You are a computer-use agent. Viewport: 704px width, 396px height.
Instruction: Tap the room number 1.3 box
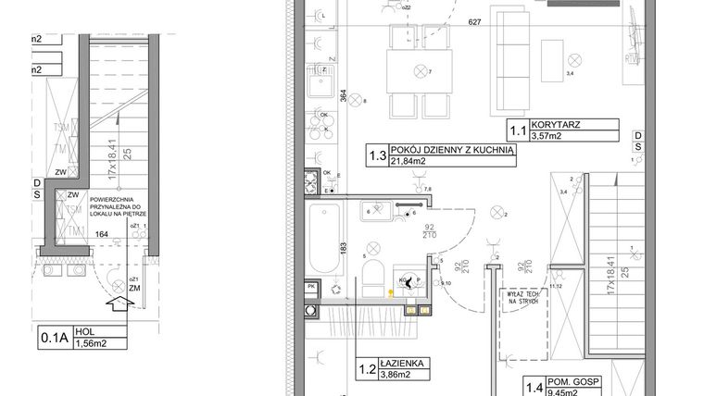pyautogui.click(x=376, y=155)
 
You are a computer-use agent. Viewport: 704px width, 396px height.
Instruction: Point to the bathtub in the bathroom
pyautogui.click(x=325, y=239)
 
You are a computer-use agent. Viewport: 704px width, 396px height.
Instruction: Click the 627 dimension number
pyautogui.click(x=474, y=22)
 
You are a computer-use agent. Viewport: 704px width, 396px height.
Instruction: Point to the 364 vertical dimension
pyautogui.click(x=344, y=100)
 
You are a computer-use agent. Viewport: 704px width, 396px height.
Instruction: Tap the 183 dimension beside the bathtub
pyautogui.click(x=344, y=248)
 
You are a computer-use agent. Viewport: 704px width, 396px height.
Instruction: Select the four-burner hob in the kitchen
pyautogui.click(x=323, y=122)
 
